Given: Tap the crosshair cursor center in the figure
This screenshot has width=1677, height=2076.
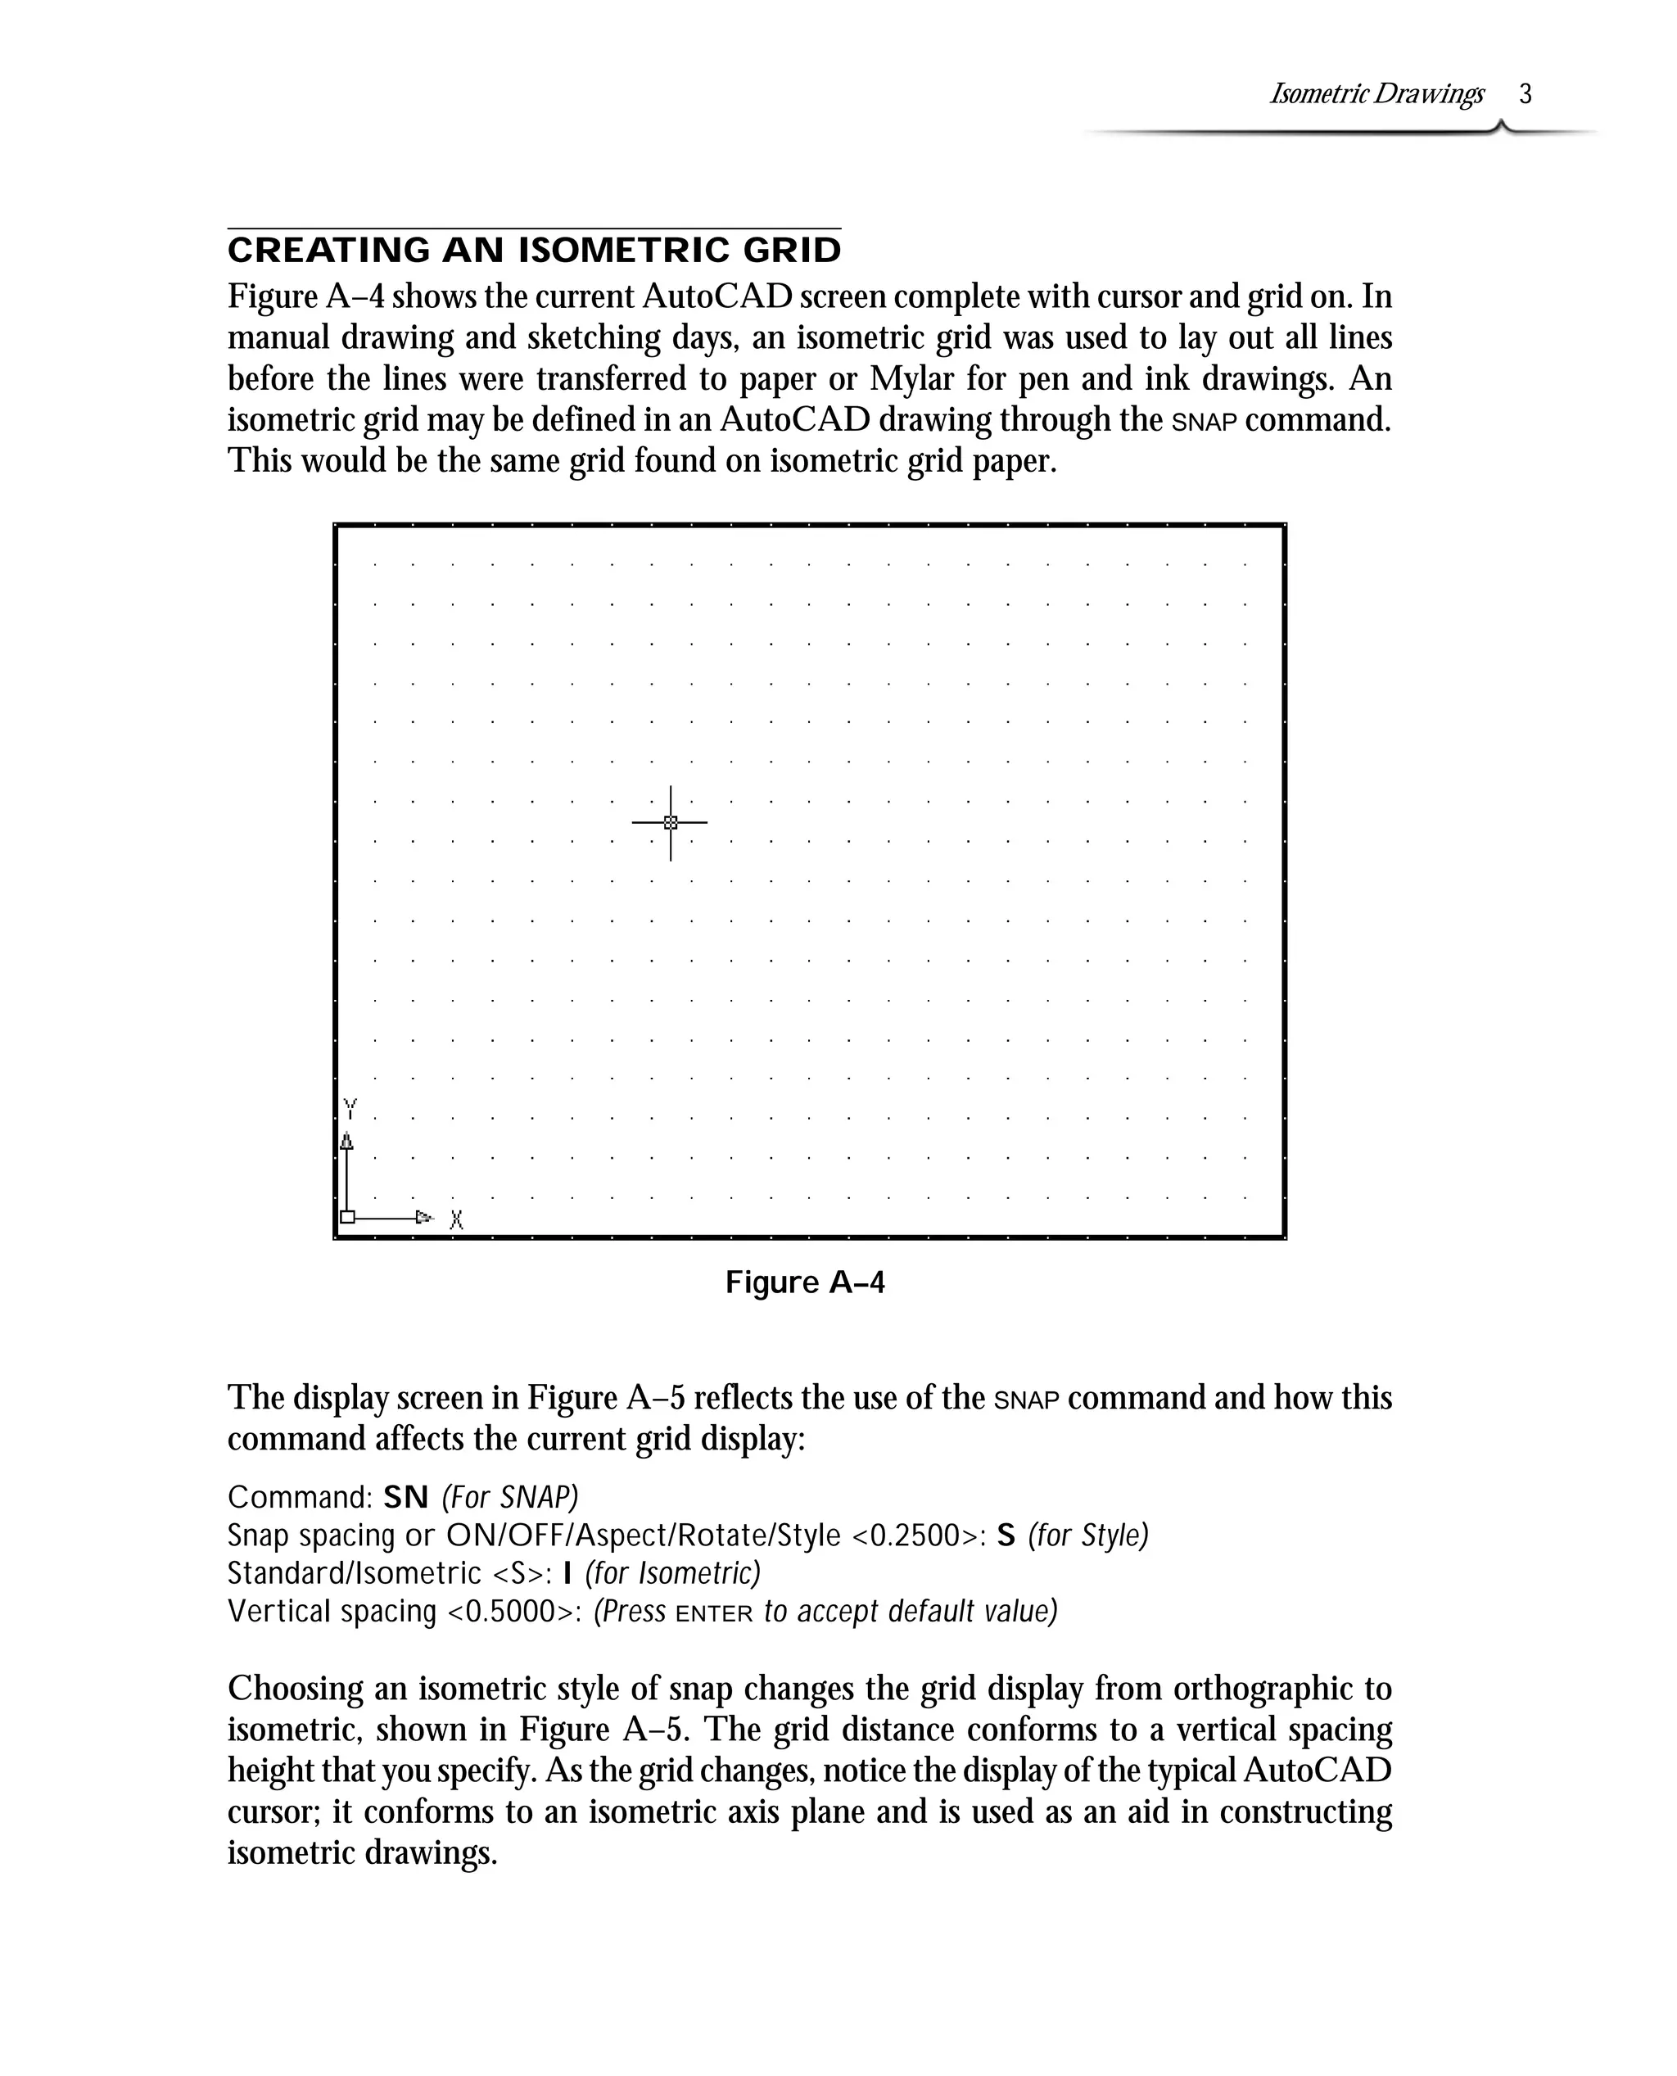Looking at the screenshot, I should click(671, 822).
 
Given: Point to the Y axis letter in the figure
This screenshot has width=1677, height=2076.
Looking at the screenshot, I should click(350, 1108).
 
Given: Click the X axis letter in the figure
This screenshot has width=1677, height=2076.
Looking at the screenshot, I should click(457, 1220).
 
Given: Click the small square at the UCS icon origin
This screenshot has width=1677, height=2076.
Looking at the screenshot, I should click(348, 1217).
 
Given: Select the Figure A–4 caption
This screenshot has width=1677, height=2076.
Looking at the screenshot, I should click(805, 1283).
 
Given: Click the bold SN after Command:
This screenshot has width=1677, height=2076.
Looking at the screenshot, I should click(405, 1497).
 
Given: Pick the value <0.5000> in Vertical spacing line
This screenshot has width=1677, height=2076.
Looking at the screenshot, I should click(512, 1612).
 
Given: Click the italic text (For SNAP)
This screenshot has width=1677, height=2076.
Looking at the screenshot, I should click(510, 1497).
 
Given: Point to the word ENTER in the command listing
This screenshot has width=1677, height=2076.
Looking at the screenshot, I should click(714, 1614).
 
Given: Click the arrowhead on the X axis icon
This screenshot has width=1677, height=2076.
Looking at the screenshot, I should click(423, 1217).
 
